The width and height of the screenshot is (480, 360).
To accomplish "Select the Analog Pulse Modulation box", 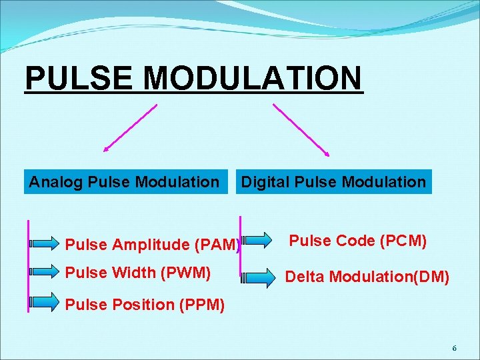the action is click(124, 181).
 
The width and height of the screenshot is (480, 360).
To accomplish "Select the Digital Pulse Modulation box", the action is click(333, 181).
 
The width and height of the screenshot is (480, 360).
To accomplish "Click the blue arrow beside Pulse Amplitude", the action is click(46, 244).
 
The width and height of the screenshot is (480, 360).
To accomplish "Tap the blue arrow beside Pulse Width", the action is click(46, 272).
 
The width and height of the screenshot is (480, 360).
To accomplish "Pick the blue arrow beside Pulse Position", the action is click(46, 303).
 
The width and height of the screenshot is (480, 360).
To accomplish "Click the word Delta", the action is click(305, 275).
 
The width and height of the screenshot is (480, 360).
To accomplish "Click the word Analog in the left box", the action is click(55, 181).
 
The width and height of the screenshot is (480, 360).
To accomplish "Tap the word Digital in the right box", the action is click(263, 181).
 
